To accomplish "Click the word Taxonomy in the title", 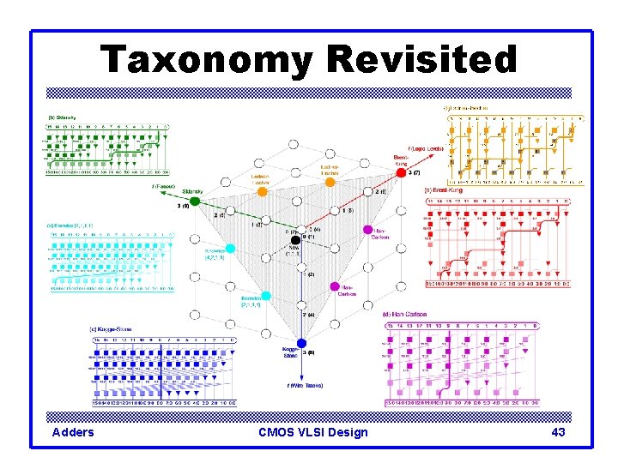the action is point(207,60).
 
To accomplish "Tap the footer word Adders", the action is point(73,432).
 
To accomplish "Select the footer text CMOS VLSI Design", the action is point(312,432).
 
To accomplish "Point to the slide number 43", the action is point(558,432).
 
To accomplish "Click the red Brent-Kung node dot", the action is point(402,173).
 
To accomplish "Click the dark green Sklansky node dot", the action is point(195,201).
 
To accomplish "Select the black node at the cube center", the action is point(296,238).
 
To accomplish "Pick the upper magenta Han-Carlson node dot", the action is point(367,231).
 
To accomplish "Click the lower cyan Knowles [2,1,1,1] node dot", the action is point(266,296).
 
